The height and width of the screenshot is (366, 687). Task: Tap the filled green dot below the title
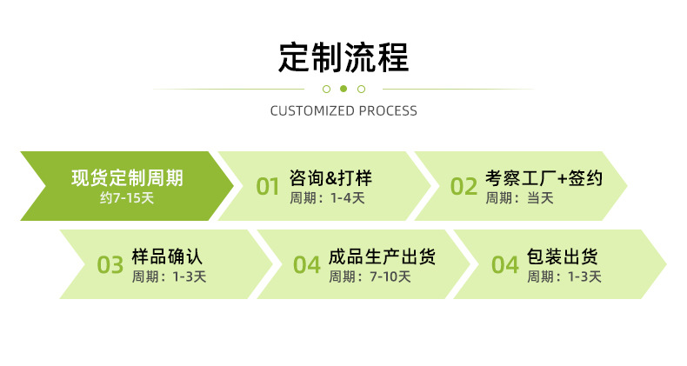pos(343,89)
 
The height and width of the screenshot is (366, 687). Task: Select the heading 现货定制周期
pos(127,178)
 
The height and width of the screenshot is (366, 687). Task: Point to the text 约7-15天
pos(127,198)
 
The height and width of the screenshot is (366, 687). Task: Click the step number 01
pos(268,186)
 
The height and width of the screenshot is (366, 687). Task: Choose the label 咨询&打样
pos(330,178)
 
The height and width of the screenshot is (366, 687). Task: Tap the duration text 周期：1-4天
pos(327,198)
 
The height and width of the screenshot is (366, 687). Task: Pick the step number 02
pos(464,186)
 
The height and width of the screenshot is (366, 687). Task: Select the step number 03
pos(110,265)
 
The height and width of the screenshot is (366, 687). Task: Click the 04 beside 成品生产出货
pos(307,265)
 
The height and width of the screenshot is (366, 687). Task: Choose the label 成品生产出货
pos(382,257)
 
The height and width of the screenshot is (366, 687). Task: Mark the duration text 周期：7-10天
pos(370,277)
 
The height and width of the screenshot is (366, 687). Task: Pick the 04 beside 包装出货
pos(504,265)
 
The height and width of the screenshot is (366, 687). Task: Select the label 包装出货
pos(562,257)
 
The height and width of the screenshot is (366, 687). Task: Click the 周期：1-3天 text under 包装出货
pos(564,277)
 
